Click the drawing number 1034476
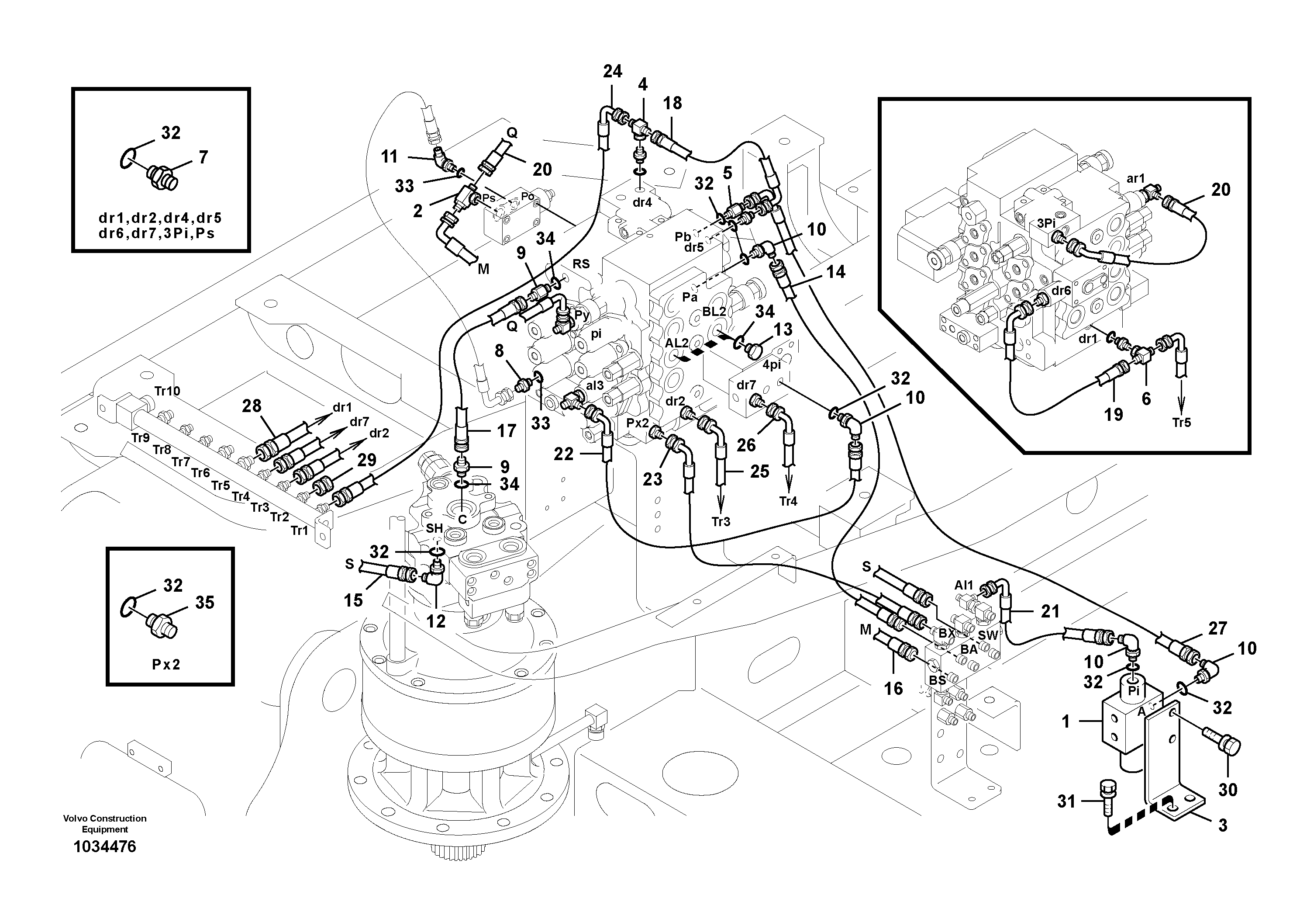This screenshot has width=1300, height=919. tap(105, 846)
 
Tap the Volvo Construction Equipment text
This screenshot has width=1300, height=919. tap(105, 823)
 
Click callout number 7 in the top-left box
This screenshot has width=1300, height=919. tap(203, 156)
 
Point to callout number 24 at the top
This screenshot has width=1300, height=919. tap(612, 71)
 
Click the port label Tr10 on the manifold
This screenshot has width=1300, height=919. tap(168, 391)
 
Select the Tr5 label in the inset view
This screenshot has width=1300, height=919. tap(1182, 422)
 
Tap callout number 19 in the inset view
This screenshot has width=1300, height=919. tap(1113, 414)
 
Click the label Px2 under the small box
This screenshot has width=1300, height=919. tap(166, 664)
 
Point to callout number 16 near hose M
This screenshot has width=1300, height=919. tap(893, 688)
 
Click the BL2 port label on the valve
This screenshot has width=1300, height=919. tap(714, 312)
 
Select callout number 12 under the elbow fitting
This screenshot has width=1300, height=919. tap(435, 621)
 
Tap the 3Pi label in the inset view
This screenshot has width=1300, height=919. tap(1046, 223)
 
